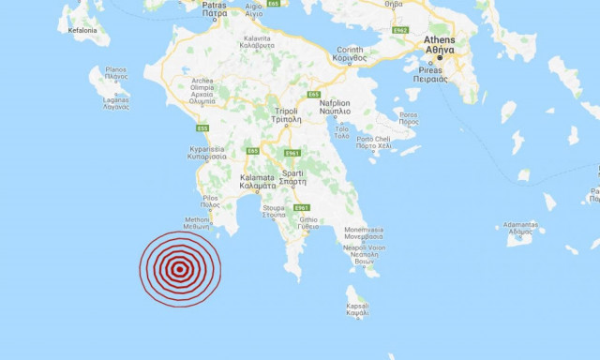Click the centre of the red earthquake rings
179,269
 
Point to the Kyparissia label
207,152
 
